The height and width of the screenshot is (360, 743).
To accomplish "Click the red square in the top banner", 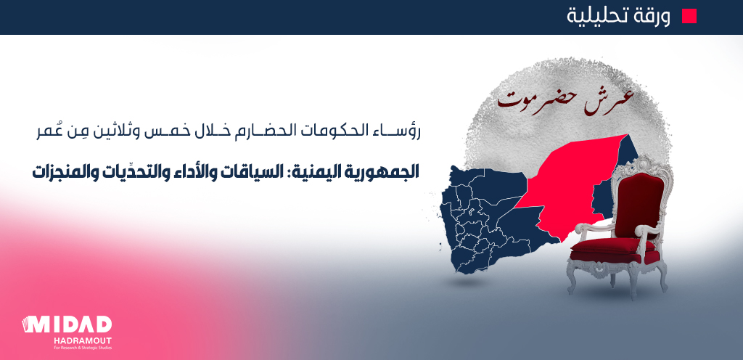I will click(x=689, y=16).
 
